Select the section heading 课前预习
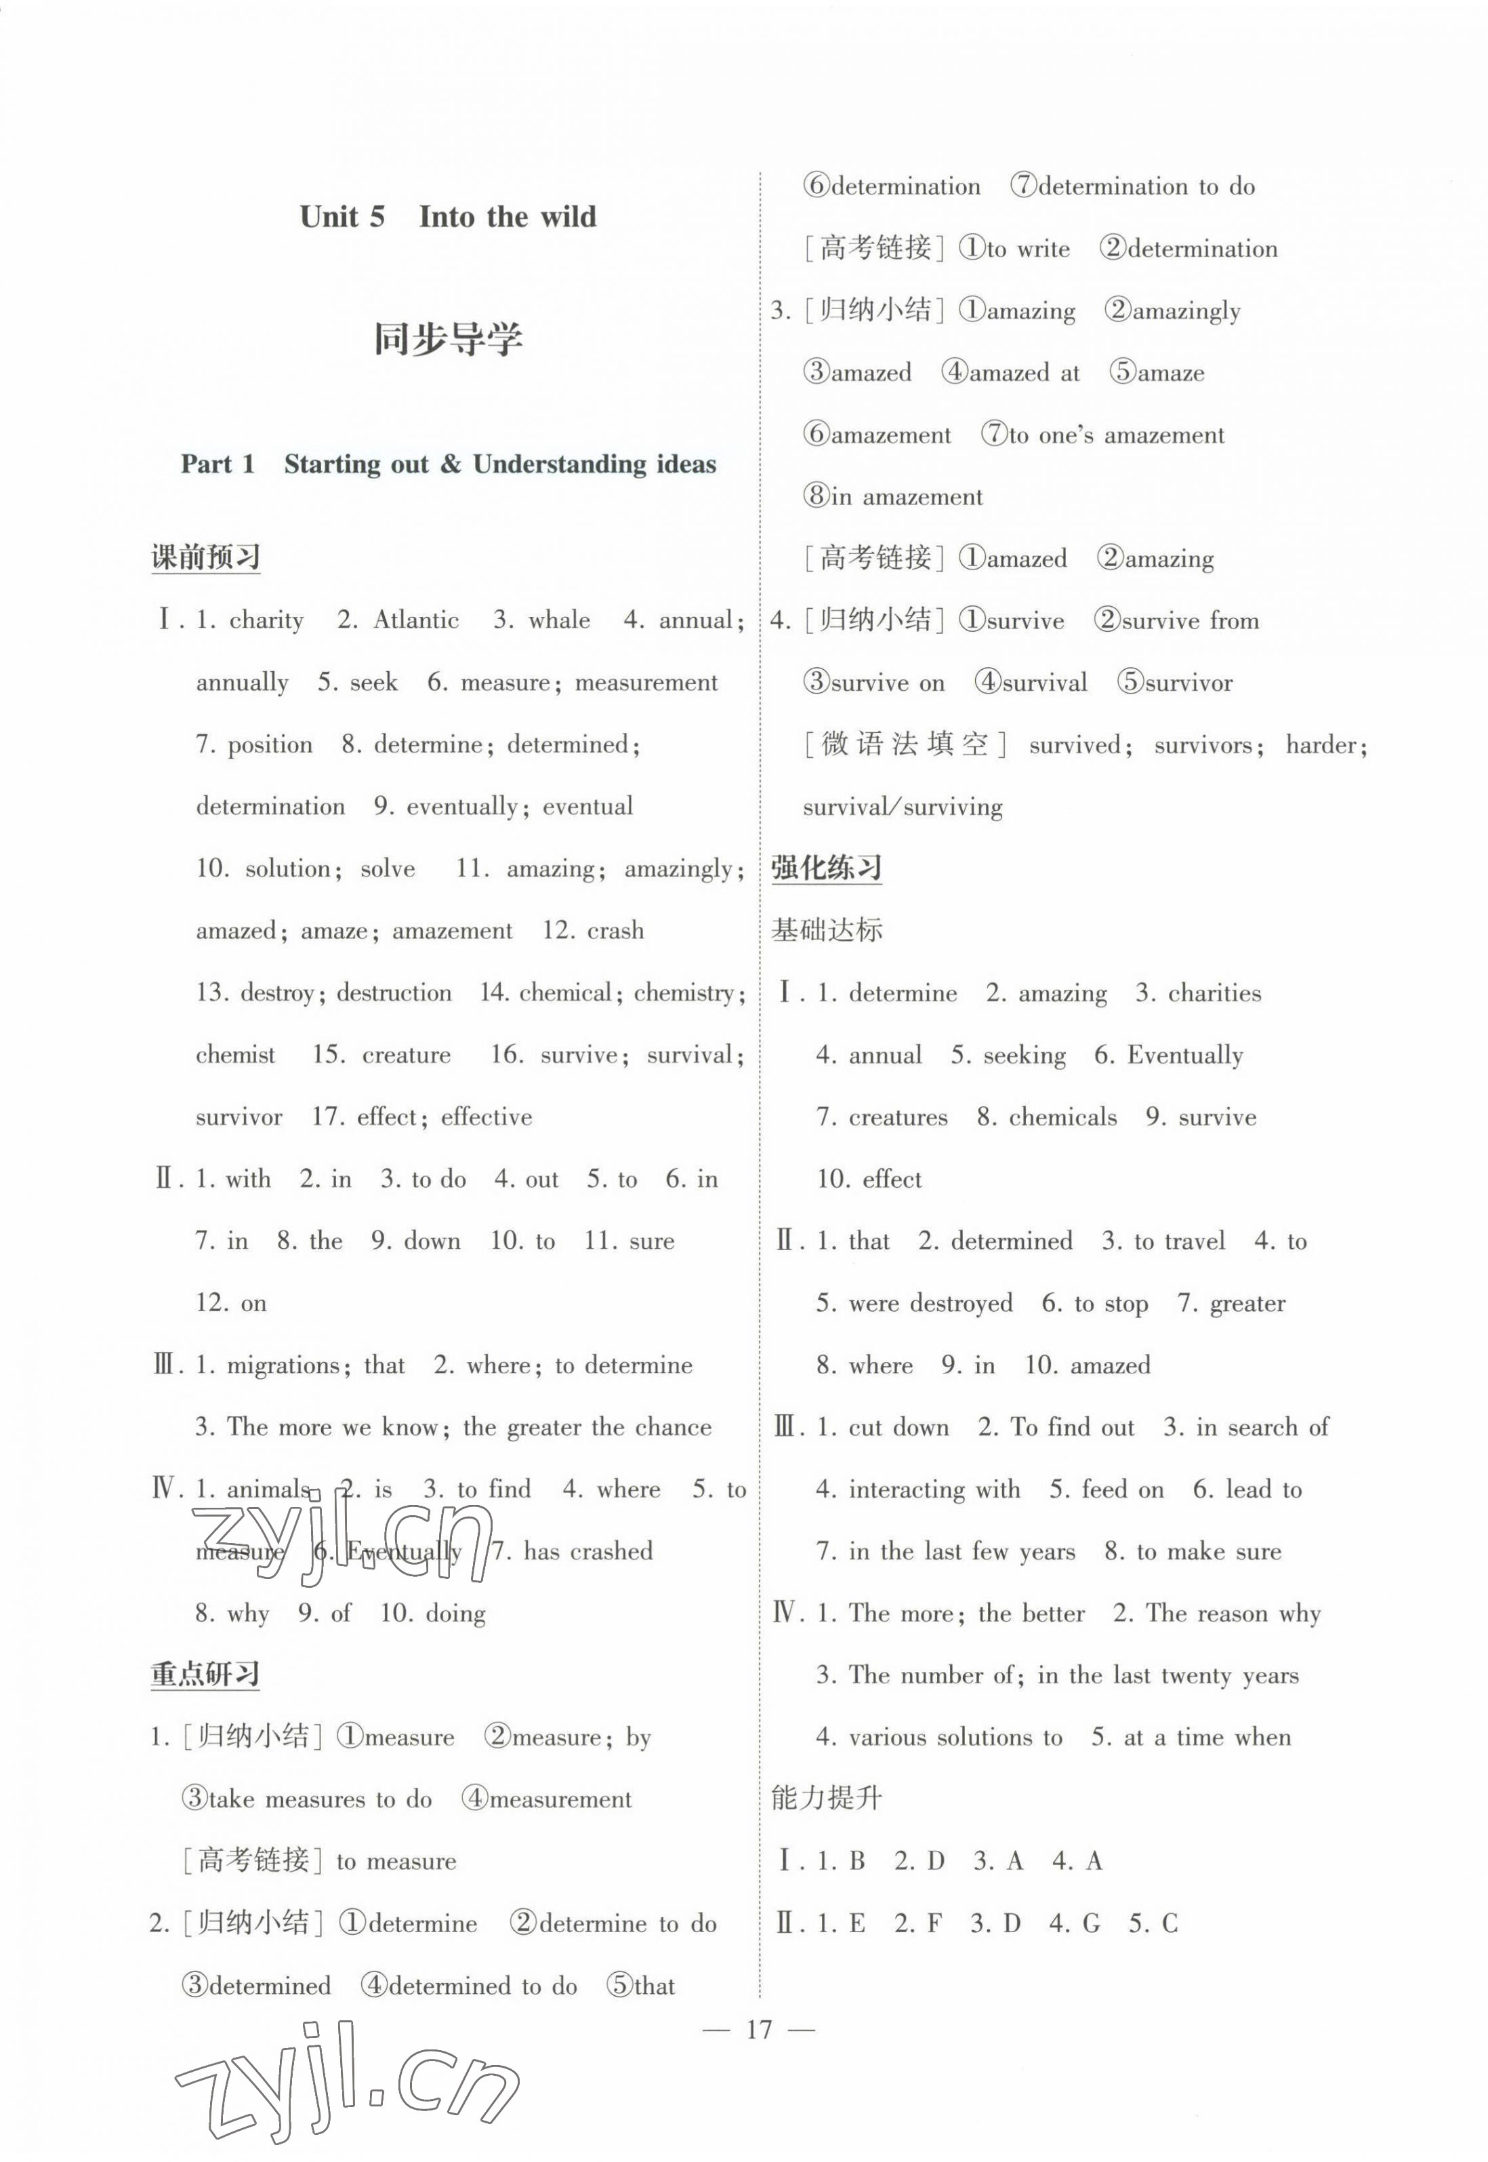[x=205, y=558]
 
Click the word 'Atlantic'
[x=416, y=620]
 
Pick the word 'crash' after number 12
[x=615, y=931]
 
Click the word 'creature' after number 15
[x=407, y=1055]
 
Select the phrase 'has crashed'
[x=587, y=1551]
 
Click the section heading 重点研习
[x=205, y=1675]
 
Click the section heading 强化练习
[x=826, y=868]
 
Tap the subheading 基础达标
[x=826, y=931]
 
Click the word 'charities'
[x=1214, y=993]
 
